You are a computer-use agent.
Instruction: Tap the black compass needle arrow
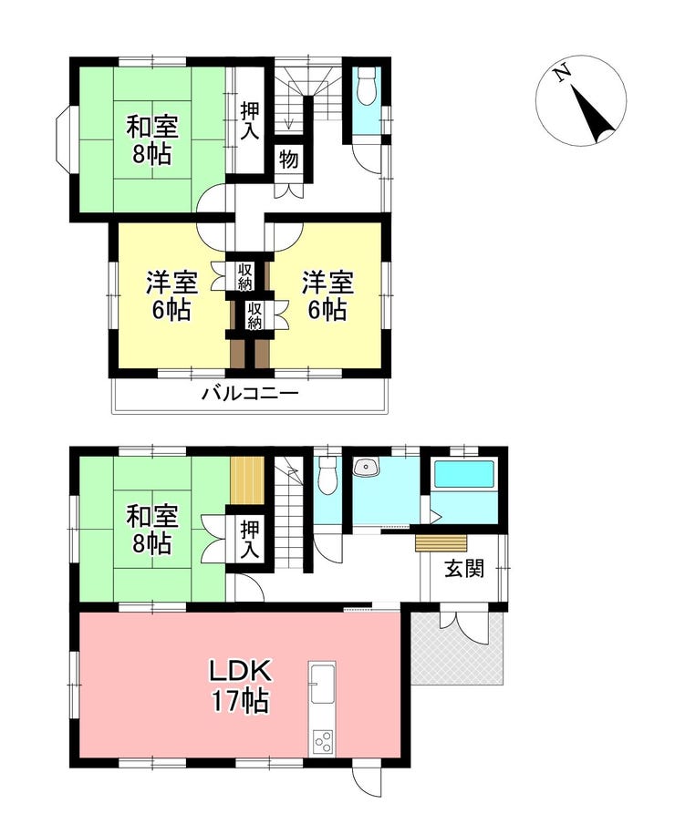click(593, 113)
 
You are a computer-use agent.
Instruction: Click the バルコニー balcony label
click(250, 394)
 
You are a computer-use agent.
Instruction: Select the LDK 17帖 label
click(240, 686)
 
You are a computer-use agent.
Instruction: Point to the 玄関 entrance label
click(464, 569)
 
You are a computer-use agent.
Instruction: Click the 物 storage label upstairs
click(289, 159)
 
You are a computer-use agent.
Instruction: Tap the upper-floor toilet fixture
click(367, 87)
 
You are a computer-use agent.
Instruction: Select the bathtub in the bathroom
click(464, 474)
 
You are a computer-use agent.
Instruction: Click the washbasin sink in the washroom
click(366, 467)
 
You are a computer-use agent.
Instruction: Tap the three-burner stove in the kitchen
click(322, 742)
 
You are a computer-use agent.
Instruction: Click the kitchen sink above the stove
click(322, 684)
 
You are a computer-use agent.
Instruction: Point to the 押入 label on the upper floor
click(249, 121)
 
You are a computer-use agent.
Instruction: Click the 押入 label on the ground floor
click(249, 539)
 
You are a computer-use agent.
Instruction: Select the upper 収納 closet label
click(244, 277)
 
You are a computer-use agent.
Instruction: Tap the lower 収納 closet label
click(254, 314)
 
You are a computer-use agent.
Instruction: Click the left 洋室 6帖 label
click(171, 296)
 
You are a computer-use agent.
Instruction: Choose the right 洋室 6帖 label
click(327, 296)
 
